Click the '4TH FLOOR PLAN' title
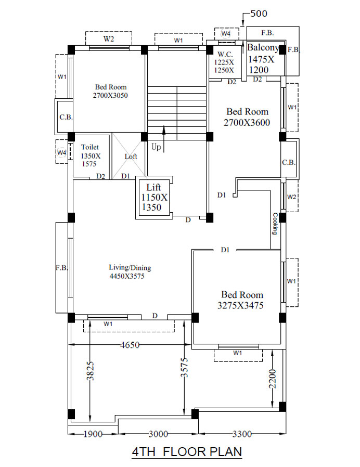point(187,452)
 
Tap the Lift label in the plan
point(154,197)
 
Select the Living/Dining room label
point(130,271)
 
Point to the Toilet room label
point(91,155)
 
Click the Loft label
point(131,157)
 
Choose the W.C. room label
point(224,62)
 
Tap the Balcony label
point(262,59)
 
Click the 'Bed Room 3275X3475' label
point(241,300)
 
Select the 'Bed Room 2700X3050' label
point(111,91)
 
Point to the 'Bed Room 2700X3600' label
point(247,116)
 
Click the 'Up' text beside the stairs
point(156,147)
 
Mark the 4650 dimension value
point(130,345)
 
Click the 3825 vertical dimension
point(91,371)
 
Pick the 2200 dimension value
point(272,379)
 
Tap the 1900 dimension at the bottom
point(93,434)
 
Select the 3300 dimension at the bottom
point(242,434)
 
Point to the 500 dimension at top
point(259,14)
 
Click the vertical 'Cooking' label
point(275,224)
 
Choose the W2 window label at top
point(109,38)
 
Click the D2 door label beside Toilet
point(101,176)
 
